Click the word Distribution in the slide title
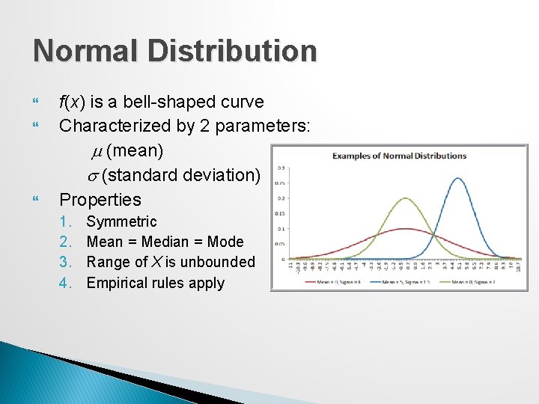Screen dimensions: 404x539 [x=234, y=51]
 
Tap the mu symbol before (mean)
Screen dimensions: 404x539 [x=96, y=151]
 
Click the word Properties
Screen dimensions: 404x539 [x=100, y=199]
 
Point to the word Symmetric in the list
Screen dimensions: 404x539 [x=121, y=221]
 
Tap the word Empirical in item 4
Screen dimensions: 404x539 [x=121, y=283]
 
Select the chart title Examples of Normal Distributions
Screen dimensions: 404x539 [x=399, y=156]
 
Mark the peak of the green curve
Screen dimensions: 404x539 [x=405, y=198]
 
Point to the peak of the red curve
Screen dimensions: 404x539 [x=405, y=229]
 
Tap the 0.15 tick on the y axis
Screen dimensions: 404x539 [x=281, y=213]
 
